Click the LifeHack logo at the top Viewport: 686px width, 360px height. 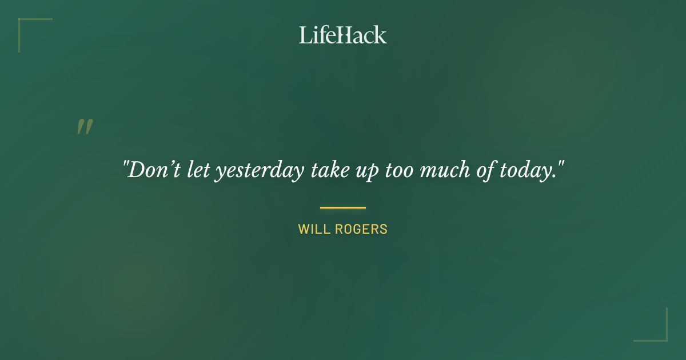[x=343, y=35]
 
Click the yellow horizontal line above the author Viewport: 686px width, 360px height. [x=343, y=207]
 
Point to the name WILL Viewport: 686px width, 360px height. [x=312, y=230]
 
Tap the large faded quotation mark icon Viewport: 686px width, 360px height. [x=85, y=127]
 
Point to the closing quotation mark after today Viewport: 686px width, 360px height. [x=561, y=165]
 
